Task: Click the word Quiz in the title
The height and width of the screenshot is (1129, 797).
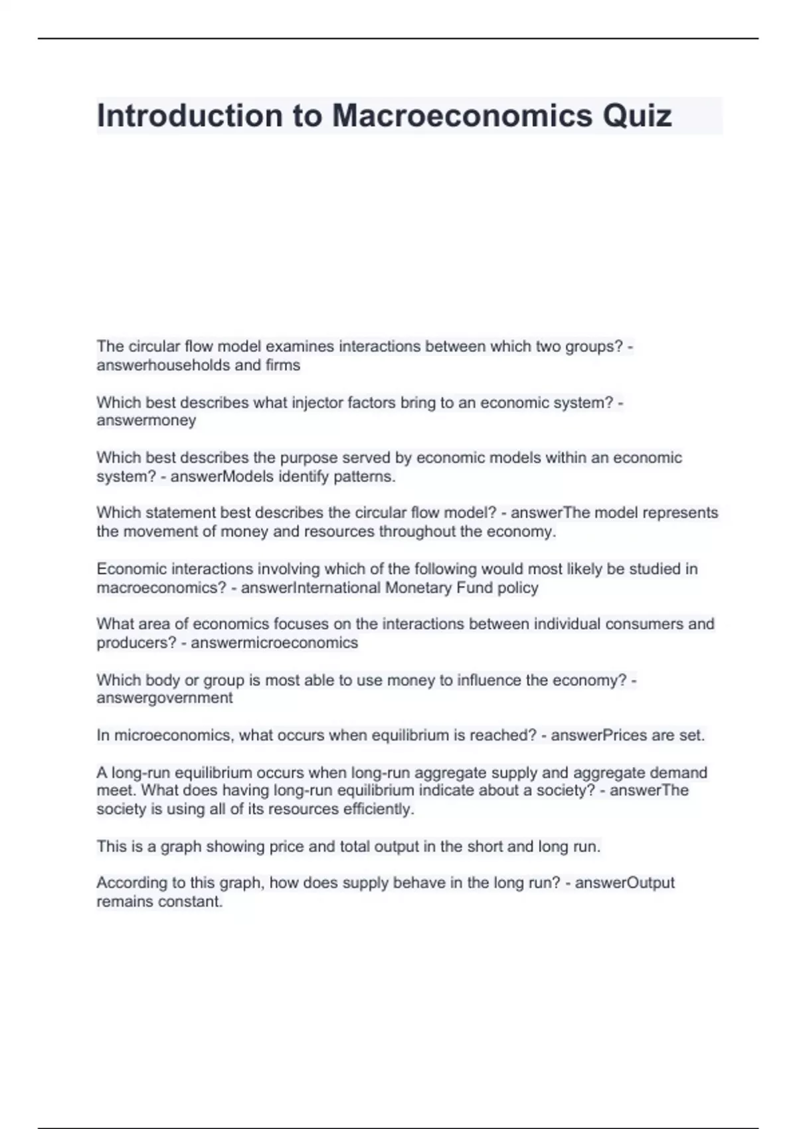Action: [x=637, y=116]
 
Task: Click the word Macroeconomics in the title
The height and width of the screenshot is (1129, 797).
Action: [x=462, y=116]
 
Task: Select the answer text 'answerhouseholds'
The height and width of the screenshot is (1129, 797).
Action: [x=163, y=365]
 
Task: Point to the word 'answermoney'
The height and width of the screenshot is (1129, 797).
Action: [x=146, y=420]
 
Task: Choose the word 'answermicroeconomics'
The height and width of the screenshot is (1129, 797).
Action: [x=274, y=643]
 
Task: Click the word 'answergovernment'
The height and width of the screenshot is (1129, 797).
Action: [x=165, y=698]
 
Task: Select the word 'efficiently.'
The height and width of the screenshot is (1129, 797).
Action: [x=379, y=809]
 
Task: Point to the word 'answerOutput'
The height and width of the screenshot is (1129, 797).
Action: [x=624, y=883]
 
